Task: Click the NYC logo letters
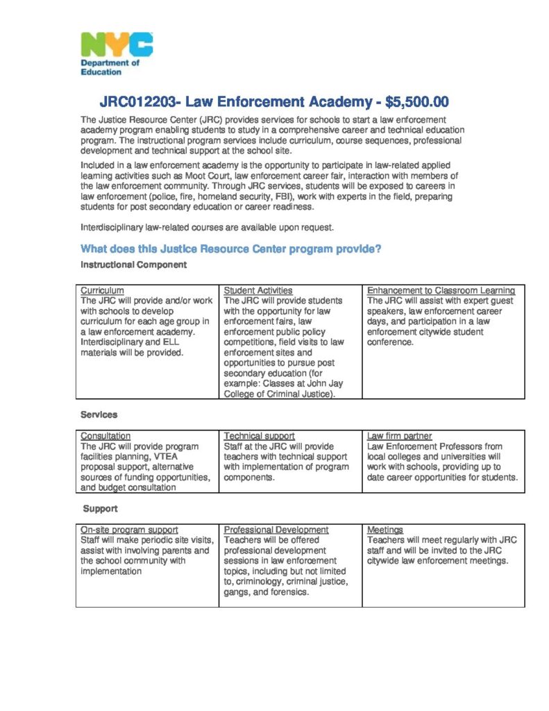[x=117, y=45]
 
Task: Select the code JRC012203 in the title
[x=135, y=103]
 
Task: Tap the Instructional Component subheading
[x=133, y=265]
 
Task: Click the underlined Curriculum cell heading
[x=102, y=290]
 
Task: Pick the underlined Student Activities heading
[x=257, y=290]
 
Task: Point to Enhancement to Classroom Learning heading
[x=441, y=290]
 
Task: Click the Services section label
[x=99, y=415]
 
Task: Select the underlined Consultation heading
[x=105, y=436]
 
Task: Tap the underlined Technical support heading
[x=259, y=436]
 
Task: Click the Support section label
[x=100, y=508]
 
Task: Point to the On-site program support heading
[x=129, y=530]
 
